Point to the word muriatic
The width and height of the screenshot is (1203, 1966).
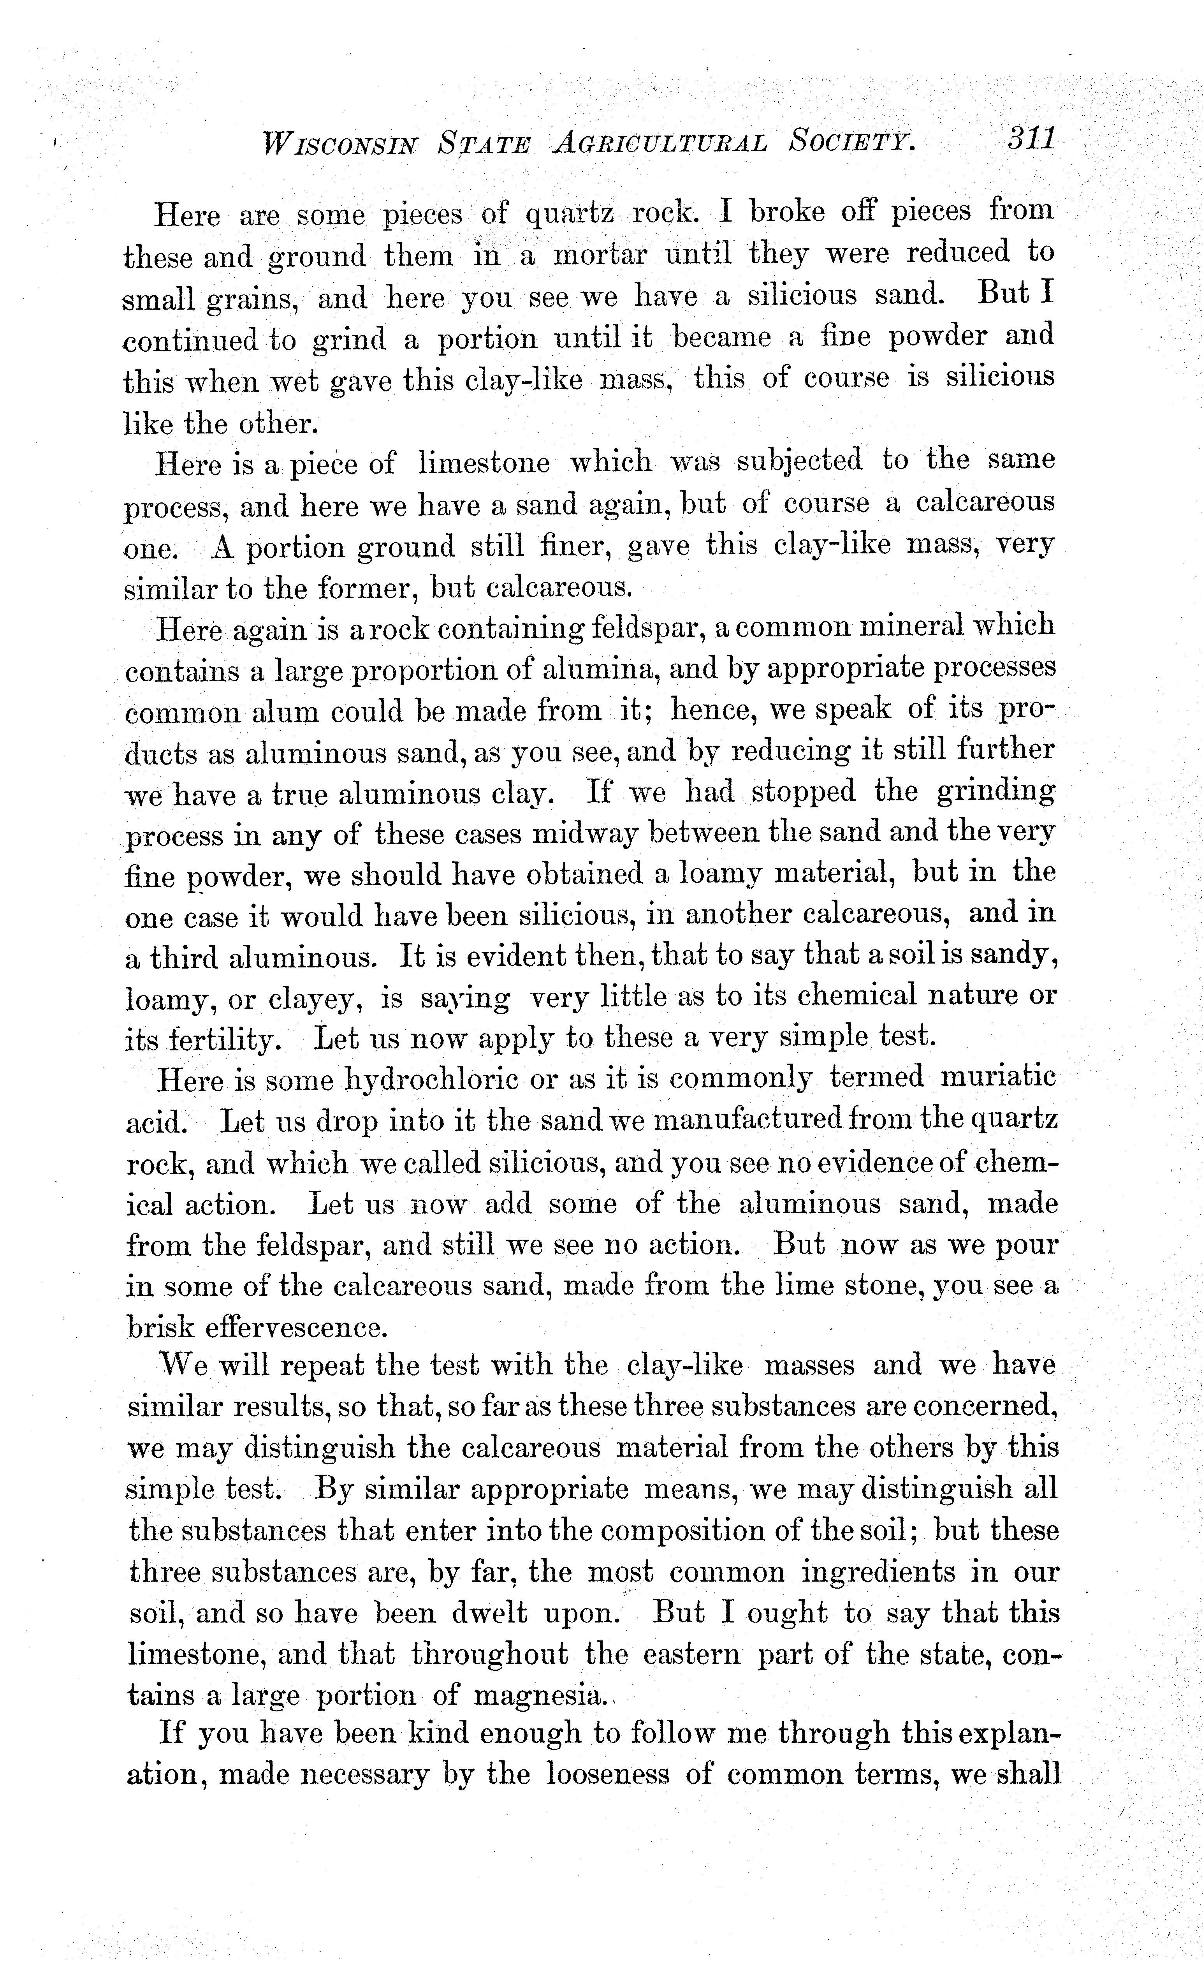pos(998,1078)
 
